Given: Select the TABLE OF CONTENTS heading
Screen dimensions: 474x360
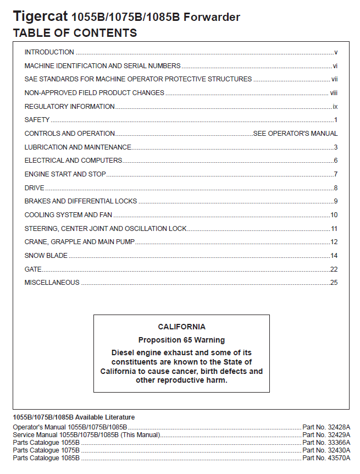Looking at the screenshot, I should [75, 33].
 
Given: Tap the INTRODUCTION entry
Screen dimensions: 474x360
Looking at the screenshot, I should [49, 52].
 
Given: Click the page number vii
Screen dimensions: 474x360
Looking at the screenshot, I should [334, 79].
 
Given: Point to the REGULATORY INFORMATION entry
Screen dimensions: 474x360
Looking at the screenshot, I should [69, 107].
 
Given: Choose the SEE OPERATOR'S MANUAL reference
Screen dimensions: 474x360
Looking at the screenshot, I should [295, 134].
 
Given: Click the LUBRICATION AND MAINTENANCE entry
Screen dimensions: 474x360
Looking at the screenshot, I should [77, 147].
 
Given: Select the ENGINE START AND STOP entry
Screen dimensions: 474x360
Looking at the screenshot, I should [65, 174].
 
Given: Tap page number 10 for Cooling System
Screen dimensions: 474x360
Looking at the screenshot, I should [334, 215].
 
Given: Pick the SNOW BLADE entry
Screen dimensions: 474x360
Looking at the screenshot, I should [46, 256].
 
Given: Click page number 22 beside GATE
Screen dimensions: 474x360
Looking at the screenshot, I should [334, 269].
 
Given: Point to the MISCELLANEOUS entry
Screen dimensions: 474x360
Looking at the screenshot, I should [52, 283].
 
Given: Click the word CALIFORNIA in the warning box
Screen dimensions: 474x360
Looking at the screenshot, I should [181, 327].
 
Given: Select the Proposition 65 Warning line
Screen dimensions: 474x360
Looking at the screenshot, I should [181, 340].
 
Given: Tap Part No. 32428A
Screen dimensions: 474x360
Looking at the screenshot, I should [326, 427].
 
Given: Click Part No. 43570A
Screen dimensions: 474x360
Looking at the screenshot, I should [326, 458].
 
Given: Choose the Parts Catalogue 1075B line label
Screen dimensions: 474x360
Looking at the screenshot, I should [46, 450].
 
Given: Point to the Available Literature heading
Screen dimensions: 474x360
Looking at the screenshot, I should [74, 417].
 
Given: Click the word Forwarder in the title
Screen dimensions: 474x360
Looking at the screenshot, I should [212, 17].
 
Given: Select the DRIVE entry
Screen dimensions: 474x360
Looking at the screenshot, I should [35, 188].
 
